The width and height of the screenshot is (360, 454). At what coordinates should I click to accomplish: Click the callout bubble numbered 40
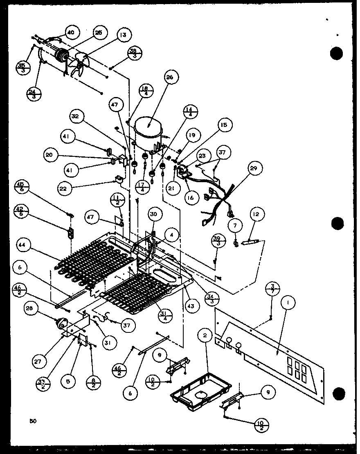[71, 32]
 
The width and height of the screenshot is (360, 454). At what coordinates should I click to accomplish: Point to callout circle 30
[155, 214]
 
